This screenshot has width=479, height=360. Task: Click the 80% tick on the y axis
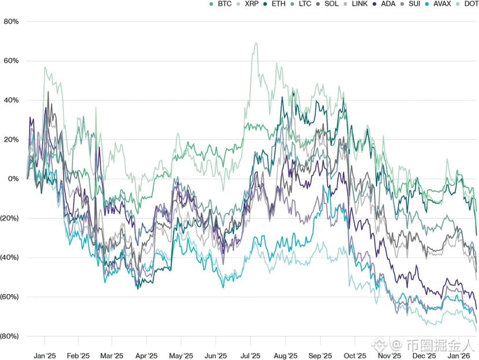[11, 21]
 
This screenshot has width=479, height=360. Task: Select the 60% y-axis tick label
[11, 61]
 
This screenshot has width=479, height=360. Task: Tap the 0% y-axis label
[13, 179]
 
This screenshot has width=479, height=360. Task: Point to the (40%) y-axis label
[10, 258]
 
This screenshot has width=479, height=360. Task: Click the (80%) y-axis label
[10, 336]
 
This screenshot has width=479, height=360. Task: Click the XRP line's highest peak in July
[255, 43]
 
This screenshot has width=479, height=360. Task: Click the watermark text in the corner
[437, 346]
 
